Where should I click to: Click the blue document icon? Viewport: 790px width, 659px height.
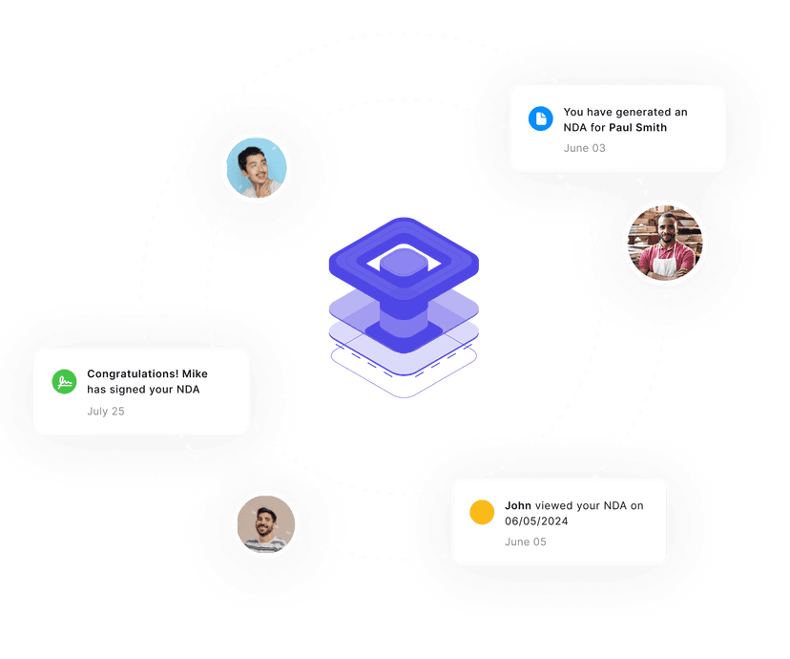tap(541, 118)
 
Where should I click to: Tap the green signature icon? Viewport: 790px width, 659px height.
tap(64, 382)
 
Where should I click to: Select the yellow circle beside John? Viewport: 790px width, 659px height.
tap(482, 513)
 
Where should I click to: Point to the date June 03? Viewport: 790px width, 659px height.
tap(584, 148)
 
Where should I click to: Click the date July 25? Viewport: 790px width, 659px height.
tap(106, 412)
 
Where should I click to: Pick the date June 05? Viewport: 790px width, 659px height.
tap(526, 542)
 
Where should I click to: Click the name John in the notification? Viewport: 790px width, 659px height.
tap(518, 505)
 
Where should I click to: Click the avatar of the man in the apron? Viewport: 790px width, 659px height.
tap(665, 243)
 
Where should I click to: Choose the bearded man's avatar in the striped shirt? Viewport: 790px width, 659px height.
tap(265, 525)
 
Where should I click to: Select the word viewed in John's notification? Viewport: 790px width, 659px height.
tap(554, 505)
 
